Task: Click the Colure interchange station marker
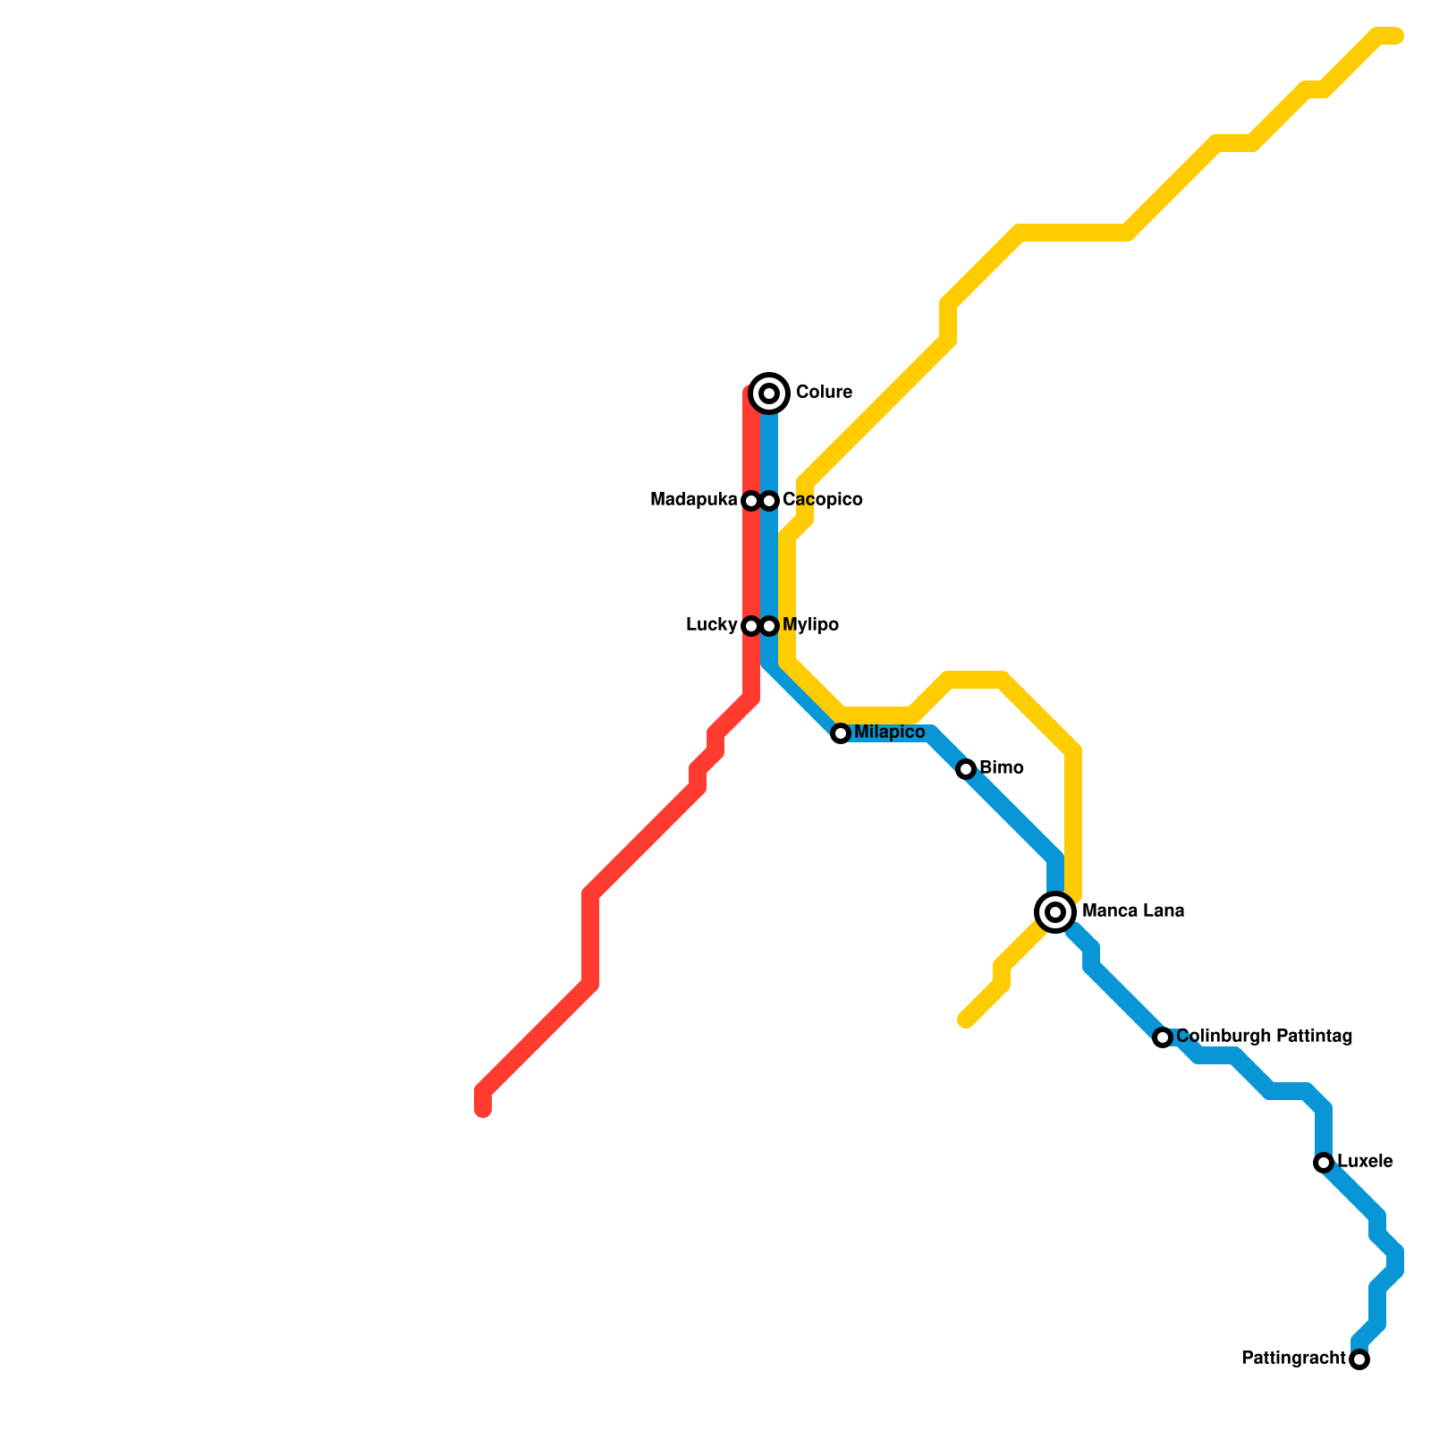click(x=769, y=393)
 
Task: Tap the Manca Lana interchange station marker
click(x=1055, y=911)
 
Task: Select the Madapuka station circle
click(x=751, y=501)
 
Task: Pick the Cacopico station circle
click(x=769, y=501)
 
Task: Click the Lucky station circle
click(x=751, y=626)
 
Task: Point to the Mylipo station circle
click(x=769, y=626)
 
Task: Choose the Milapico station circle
click(x=841, y=733)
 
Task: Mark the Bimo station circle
click(x=966, y=769)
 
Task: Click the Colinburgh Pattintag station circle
click(x=1163, y=1037)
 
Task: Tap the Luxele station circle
click(x=1324, y=1163)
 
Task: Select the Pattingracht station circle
click(x=1359, y=1359)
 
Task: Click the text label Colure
click(x=824, y=393)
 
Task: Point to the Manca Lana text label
click(x=1133, y=911)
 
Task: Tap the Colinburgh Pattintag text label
click(x=1264, y=1037)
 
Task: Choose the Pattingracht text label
click(x=1293, y=1359)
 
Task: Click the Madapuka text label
click(x=694, y=500)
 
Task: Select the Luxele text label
click(x=1365, y=1162)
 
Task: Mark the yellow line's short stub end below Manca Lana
click(x=964, y=1020)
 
